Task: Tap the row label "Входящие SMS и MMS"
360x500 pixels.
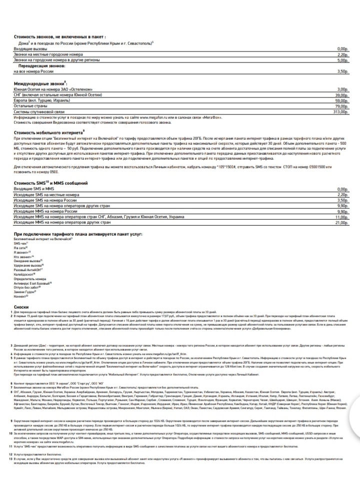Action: click(33, 189)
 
